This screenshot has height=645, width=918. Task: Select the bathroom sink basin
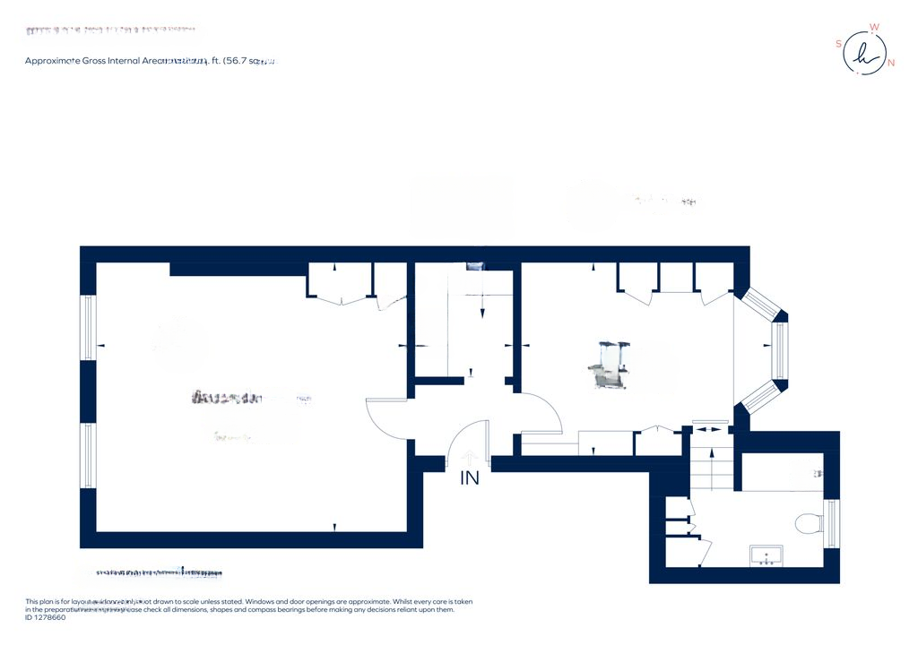pos(766,555)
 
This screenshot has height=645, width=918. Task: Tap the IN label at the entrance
pos(470,478)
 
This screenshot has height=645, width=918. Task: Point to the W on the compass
pos(874,28)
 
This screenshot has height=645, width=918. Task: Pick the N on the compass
pos(890,63)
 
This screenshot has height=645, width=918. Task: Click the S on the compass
pos(839,43)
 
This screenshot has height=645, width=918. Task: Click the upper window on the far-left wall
pos(88,327)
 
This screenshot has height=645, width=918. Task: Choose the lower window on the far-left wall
pos(88,456)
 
